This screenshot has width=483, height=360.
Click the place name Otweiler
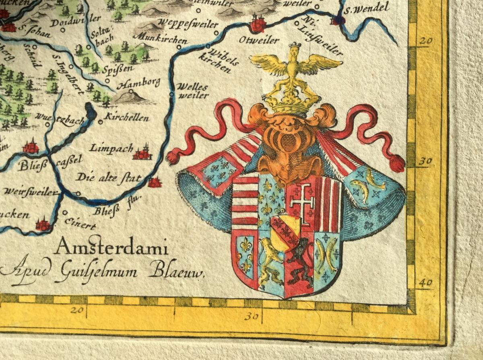258,40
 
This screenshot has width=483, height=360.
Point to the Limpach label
111,148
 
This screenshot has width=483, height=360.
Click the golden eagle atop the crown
295,64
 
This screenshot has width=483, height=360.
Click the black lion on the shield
299,259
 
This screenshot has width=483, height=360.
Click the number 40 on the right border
425,282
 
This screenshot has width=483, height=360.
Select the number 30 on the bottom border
251,316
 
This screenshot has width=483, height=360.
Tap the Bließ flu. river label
109,210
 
